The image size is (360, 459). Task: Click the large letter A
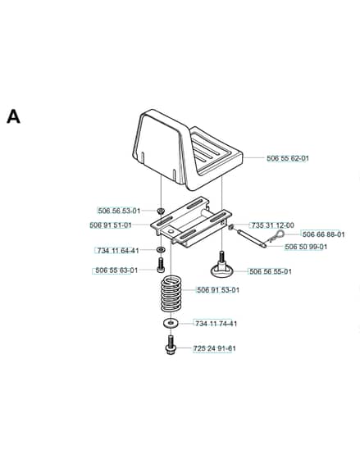click(13, 116)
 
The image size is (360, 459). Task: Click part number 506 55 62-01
click(288, 158)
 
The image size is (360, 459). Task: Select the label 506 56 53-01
click(119, 211)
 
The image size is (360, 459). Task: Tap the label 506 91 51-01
click(111, 225)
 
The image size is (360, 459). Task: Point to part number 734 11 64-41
click(118, 251)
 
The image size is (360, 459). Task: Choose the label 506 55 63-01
click(116, 270)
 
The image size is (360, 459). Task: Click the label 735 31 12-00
click(273, 225)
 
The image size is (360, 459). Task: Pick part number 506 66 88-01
click(323, 234)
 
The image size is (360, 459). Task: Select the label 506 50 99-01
click(306, 247)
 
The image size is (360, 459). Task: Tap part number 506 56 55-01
click(271, 271)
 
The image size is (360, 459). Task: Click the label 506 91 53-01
click(218, 290)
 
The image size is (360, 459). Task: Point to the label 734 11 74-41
click(216, 324)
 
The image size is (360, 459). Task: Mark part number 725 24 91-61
click(214, 348)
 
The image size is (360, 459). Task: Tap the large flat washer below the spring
click(171, 323)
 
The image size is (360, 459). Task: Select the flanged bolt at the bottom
click(171, 345)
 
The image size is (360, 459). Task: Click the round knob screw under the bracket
click(221, 266)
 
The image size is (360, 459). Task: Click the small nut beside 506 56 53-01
click(160, 211)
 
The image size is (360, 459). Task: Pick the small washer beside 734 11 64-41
click(161, 250)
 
